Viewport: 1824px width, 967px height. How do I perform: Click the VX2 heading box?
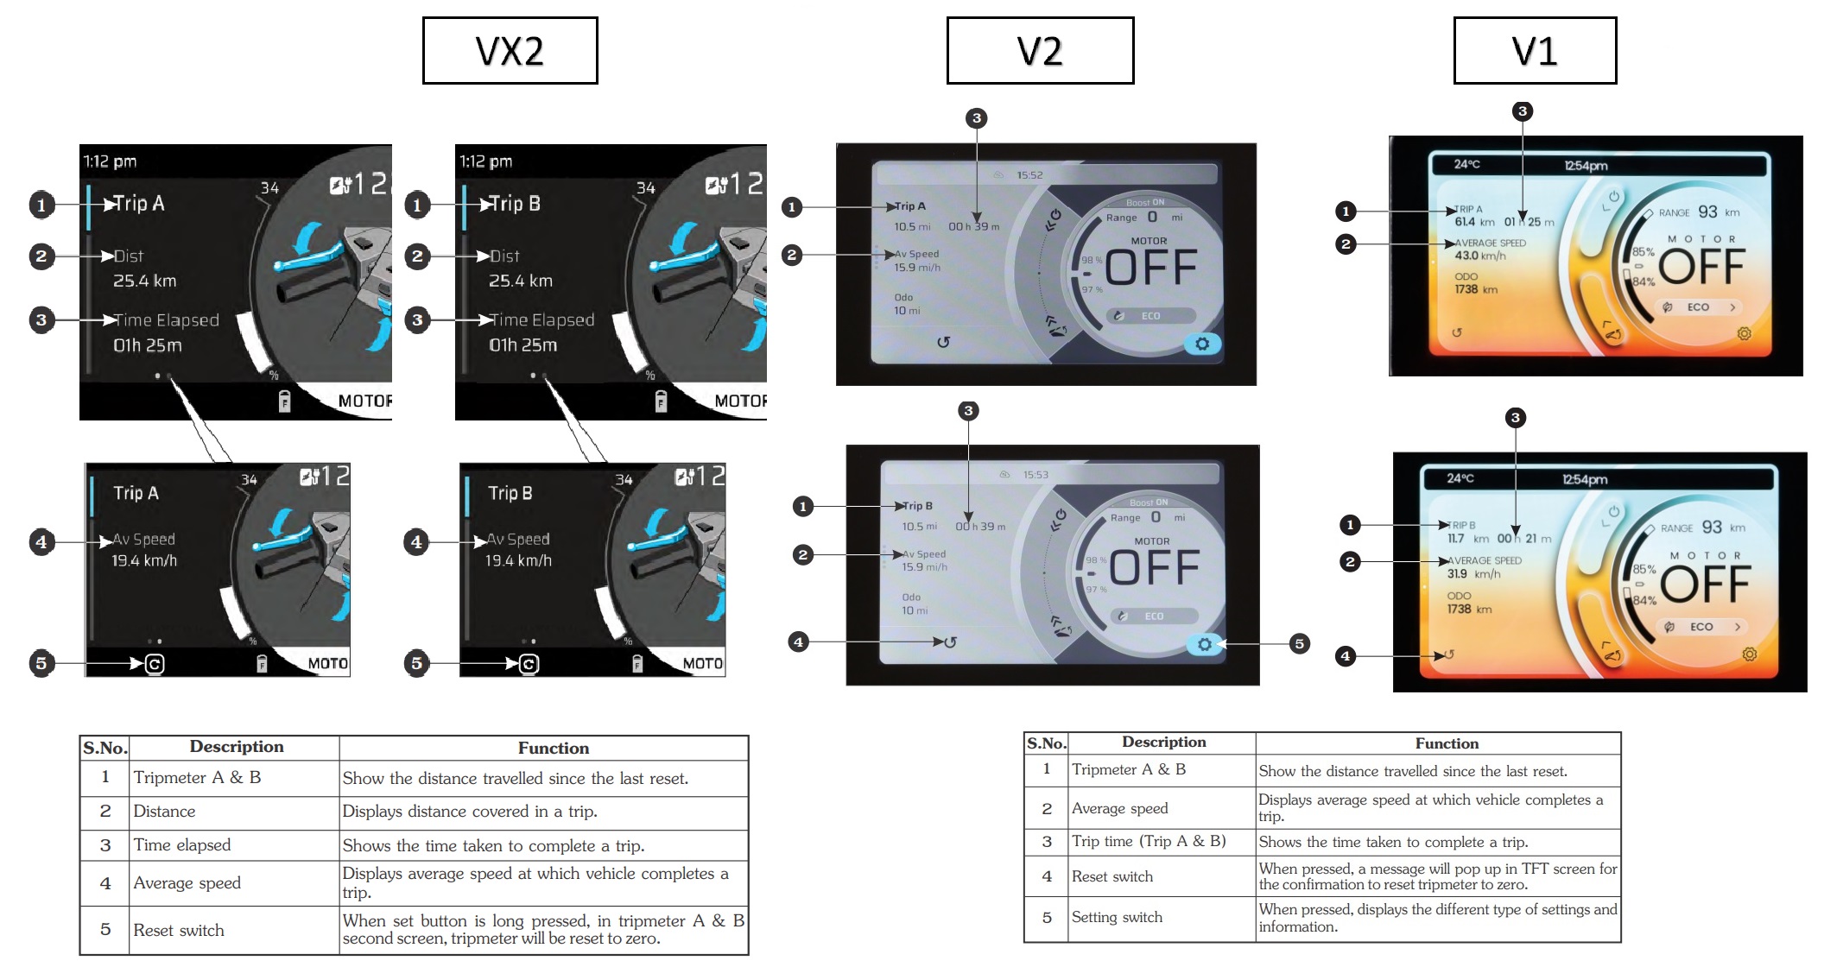(510, 51)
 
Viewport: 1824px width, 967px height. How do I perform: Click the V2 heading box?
(1040, 51)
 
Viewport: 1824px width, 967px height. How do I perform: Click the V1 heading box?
(1535, 51)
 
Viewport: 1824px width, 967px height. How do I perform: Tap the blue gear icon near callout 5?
(1204, 644)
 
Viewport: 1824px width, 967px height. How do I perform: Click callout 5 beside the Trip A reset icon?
(41, 663)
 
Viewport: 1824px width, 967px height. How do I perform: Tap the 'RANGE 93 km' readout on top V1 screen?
(1699, 212)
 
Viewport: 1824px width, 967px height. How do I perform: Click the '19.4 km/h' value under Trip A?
(144, 561)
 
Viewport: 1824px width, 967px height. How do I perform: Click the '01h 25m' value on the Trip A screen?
(148, 345)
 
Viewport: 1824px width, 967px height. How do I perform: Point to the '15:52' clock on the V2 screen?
(1029, 175)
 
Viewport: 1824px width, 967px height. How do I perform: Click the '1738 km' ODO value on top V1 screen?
(1475, 289)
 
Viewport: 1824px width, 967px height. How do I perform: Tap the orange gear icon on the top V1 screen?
(1744, 333)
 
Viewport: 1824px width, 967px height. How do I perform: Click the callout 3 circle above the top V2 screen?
(976, 118)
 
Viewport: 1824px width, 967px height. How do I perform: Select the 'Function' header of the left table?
(553, 749)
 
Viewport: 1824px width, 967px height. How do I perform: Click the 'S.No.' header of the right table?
(1046, 743)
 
